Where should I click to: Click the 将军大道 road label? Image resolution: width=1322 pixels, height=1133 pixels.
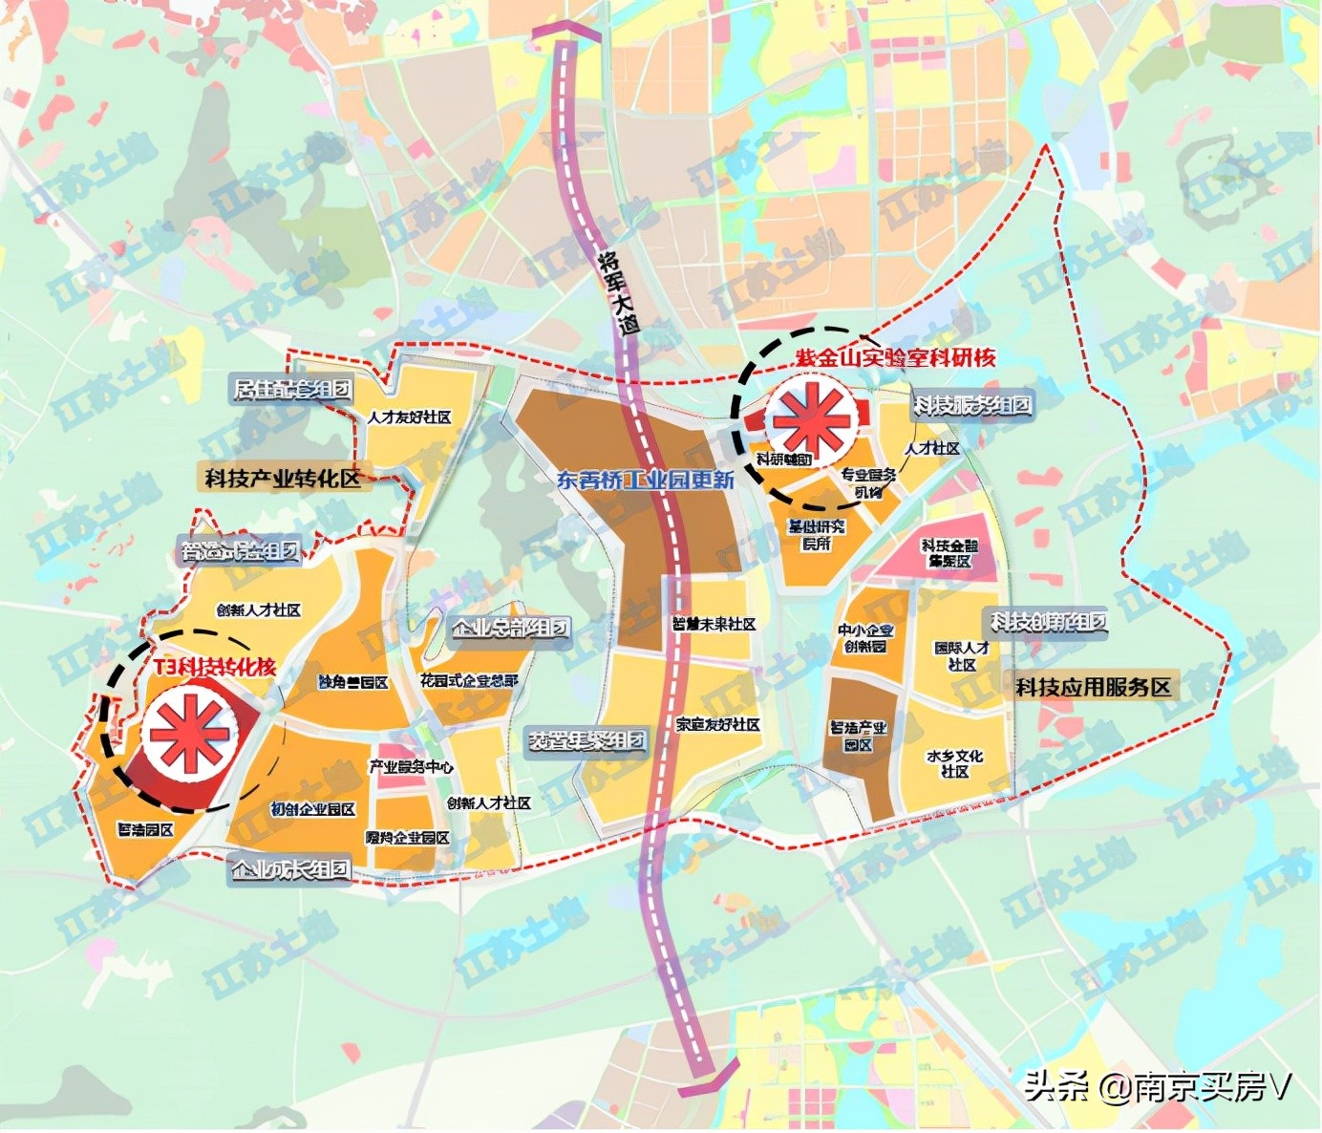(x=618, y=290)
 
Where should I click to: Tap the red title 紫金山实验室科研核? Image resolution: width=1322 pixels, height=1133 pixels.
(x=895, y=358)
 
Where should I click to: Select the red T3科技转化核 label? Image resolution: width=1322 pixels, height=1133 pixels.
(x=215, y=667)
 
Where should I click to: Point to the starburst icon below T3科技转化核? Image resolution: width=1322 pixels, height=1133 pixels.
(x=187, y=734)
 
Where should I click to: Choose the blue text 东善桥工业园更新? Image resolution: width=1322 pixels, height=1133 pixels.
(x=646, y=480)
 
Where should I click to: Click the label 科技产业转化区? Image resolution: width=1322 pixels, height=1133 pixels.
(x=283, y=478)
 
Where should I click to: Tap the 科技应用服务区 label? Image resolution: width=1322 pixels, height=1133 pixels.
(x=1093, y=687)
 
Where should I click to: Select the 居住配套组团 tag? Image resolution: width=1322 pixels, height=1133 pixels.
(x=292, y=389)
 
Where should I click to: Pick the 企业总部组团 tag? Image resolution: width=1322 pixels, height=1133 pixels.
(x=510, y=628)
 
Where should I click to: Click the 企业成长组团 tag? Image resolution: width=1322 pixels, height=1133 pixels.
(x=290, y=869)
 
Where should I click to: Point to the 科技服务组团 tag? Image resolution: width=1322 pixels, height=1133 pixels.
(x=971, y=405)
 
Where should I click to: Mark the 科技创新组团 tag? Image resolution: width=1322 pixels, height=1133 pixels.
(x=1048, y=622)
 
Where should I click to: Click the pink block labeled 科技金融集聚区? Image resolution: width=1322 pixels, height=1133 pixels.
(x=949, y=554)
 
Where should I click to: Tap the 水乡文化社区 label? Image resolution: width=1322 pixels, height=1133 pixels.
(x=954, y=763)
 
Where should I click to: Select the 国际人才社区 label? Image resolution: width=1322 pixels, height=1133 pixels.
(x=962, y=655)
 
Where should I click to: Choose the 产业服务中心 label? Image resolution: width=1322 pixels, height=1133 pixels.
(x=412, y=766)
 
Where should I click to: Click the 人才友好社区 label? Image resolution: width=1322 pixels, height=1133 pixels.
(x=409, y=417)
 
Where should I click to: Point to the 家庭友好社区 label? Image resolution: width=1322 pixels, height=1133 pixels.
(x=717, y=725)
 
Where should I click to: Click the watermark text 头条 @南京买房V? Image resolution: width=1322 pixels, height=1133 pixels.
(x=1158, y=1087)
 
